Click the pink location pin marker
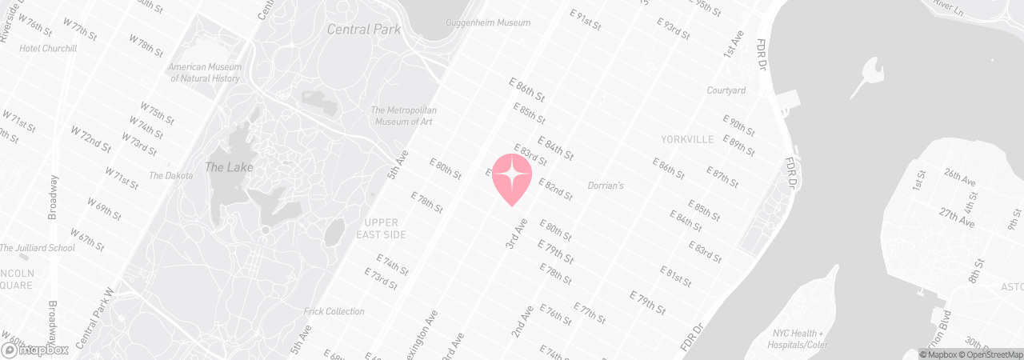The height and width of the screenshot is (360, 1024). click(x=512, y=178)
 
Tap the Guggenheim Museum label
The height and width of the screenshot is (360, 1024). click(x=488, y=23)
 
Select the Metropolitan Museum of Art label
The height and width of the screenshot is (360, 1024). click(x=404, y=115)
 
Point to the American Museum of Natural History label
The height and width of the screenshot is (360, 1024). click(x=204, y=73)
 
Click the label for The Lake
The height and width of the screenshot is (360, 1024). click(x=229, y=167)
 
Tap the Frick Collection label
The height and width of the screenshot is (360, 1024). click(x=334, y=311)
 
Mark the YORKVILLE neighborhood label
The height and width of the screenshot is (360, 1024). click(x=687, y=139)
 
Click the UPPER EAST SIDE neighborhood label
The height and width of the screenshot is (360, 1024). click(x=384, y=228)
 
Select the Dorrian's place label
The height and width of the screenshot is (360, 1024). click(x=605, y=186)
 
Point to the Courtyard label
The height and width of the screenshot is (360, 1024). click(x=726, y=90)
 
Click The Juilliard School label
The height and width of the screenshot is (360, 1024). click(x=38, y=248)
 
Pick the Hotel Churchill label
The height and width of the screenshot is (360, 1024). click(x=49, y=48)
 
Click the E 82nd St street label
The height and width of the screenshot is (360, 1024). click(x=555, y=190)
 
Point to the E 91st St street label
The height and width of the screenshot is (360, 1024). click(x=585, y=19)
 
